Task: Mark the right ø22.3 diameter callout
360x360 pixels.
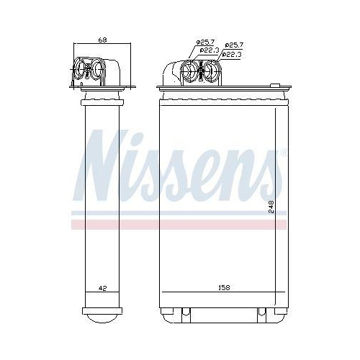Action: click(x=231, y=54)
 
